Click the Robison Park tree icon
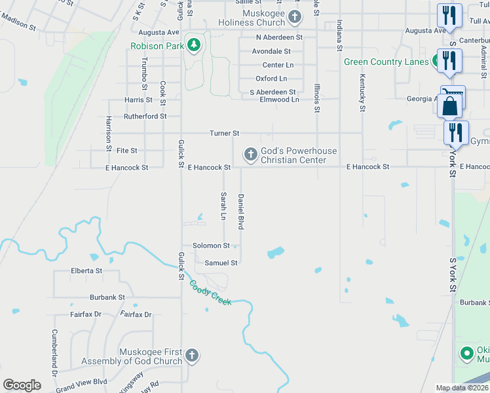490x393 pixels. coord(193,45)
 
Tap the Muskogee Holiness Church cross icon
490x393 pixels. coord(295,17)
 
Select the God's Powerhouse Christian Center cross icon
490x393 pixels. coord(250,155)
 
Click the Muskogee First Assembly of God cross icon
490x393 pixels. coord(191,356)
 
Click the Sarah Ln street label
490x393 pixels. coord(223,206)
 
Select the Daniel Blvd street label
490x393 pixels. coord(241,211)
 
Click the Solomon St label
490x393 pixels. coord(211,246)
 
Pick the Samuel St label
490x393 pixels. coord(221,263)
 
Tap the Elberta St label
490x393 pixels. coord(86,271)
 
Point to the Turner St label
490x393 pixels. coord(224,134)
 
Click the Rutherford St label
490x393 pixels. coord(145,117)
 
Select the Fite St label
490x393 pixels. coord(126,151)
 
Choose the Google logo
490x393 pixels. coord(22,385)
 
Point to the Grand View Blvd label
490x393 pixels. coord(81,381)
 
